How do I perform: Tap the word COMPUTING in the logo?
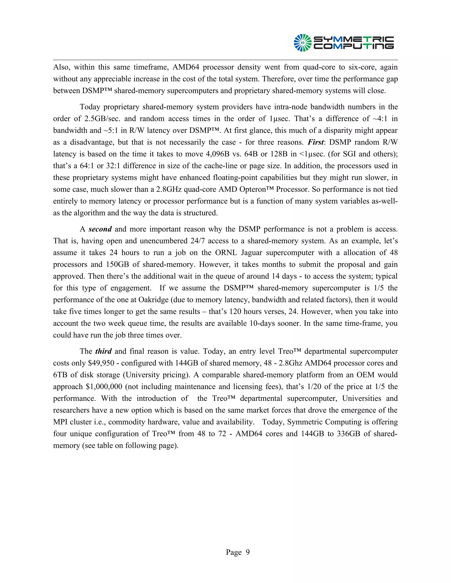click(x=353, y=46)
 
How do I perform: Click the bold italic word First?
click(x=316, y=142)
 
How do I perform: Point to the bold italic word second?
click(x=100, y=229)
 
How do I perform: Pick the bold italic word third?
click(x=104, y=351)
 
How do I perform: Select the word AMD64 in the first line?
click(x=186, y=67)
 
